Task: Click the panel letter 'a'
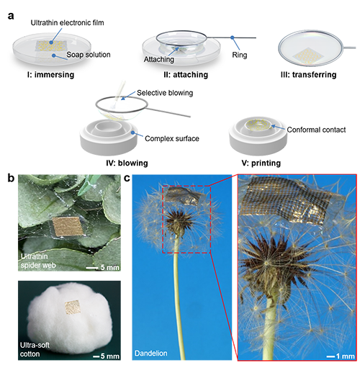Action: click(x=11, y=16)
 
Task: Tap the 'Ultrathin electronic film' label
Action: click(x=67, y=23)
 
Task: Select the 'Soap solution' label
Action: click(x=89, y=55)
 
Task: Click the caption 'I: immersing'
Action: click(x=50, y=75)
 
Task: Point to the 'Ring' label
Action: click(x=239, y=55)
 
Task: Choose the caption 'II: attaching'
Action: click(x=186, y=75)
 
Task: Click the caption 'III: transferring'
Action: click(x=308, y=75)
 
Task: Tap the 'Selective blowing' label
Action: click(x=165, y=93)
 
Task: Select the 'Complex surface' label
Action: click(x=172, y=138)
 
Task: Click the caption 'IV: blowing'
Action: click(x=127, y=163)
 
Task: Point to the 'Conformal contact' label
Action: click(x=316, y=130)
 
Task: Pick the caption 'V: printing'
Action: click(x=261, y=163)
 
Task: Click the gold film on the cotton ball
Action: click(x=73, y=307)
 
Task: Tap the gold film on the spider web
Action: click(x=68, y=227)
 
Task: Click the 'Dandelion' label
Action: click(x=150, y=353)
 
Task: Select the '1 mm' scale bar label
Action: click(x=345, y=356)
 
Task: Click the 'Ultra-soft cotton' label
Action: click(x=35, y=349)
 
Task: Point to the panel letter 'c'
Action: click(x=127, y=178)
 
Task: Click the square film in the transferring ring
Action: click(x=308, y=56)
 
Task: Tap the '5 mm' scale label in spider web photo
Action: click(x=110, y=267)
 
